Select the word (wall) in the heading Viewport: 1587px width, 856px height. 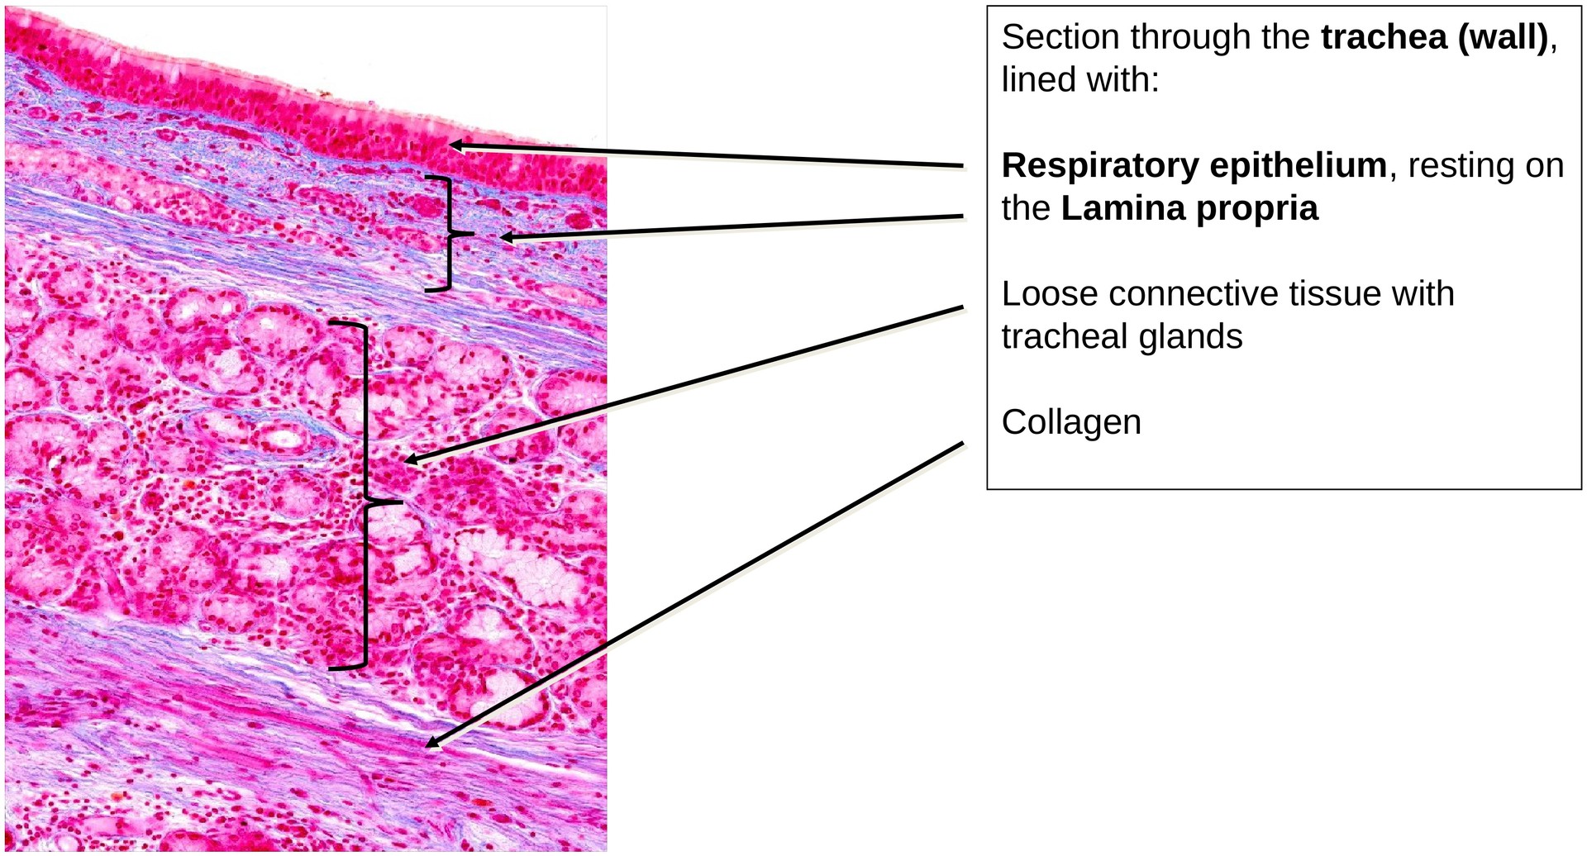(x=1502, y=38)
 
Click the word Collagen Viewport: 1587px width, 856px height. (x=1071, y=422)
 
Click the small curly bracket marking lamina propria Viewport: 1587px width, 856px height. (x=447, y=234)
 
